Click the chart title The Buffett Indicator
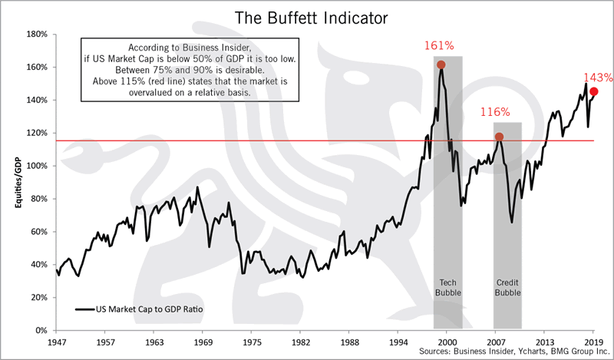coord(307,15)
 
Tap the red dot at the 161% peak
coord(441,64)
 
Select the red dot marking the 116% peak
coord(499,137)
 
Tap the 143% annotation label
coord(597,78)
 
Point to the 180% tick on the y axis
coord(37,35)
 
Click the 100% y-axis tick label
coord(37,166)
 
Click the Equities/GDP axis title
coord(10,183)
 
